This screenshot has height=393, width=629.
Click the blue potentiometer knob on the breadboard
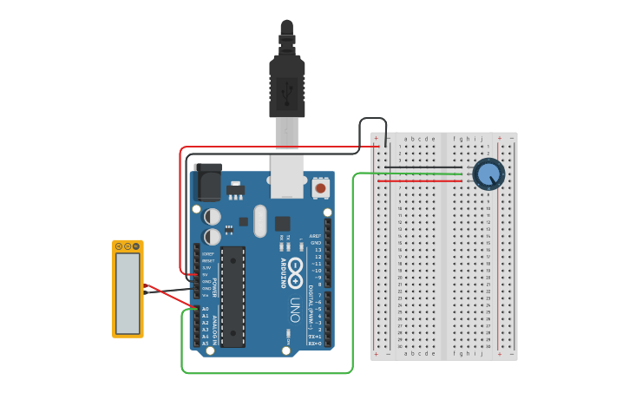488,174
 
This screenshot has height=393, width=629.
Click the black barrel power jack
209,183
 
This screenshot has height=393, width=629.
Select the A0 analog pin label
206,309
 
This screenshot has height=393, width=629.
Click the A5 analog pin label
206,344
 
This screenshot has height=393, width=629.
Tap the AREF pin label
315,235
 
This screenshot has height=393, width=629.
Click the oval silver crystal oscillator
259,220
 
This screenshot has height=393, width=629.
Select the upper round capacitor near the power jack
213,216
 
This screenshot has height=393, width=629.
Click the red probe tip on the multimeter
146,286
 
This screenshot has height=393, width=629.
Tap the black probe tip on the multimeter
146,295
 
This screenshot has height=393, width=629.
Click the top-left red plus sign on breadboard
376,137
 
